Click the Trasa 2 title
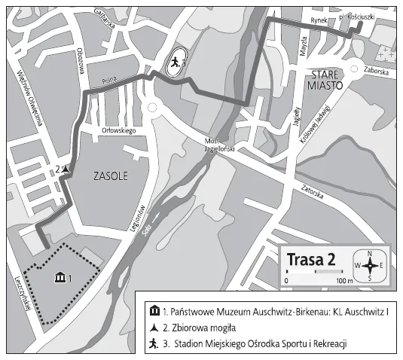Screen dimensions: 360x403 (x=311, y=259)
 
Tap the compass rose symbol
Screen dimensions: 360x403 (x=369, y=265)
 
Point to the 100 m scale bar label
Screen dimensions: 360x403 (x=345, y=281)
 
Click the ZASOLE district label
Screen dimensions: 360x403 (x=111, y=177)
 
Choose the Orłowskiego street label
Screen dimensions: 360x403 (x=118, y=131)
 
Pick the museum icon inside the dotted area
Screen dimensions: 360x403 (x=60, y=279)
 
